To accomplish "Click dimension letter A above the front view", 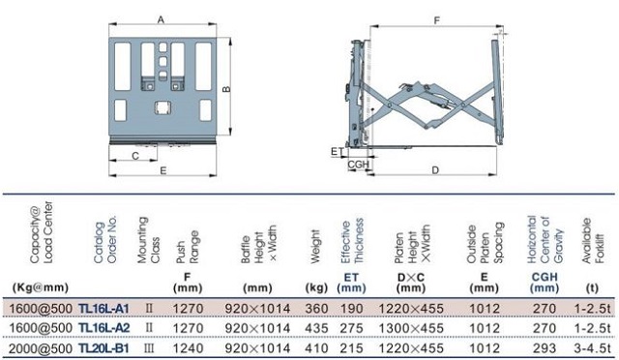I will (x=160, y=18).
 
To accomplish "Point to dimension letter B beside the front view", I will (x=226, y=89).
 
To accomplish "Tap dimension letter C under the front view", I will (x=134, y=155).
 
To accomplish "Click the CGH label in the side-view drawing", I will (x=359, y=165).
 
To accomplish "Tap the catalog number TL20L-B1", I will (x=103, y=347).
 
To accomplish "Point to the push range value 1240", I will (x=187, y=347).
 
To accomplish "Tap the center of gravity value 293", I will (x=544, y=347).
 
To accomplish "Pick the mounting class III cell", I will (x=149, y=347).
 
